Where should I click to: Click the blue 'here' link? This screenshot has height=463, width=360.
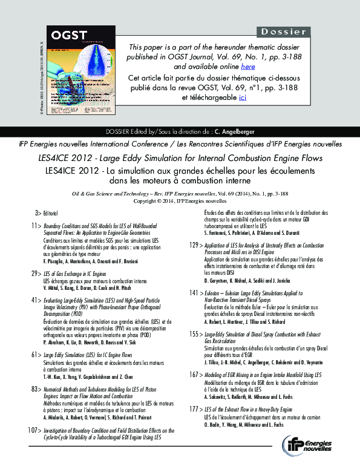pyautogui.click(x=247, y=67)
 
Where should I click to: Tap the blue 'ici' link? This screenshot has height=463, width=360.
pyautogui.click(x=243, y=97)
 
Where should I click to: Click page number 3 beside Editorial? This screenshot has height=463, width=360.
pyautogui.click(x=37, y=214)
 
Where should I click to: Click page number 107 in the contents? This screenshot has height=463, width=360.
pyautogui.click(x=33, y=430)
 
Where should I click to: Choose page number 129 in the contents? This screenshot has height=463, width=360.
pyautogui.click(x=195, y=245)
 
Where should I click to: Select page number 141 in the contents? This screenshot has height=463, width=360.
pyautogui.click(x=195, y=292)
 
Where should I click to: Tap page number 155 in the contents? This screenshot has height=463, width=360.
pyautogui.click(x=195, y=333)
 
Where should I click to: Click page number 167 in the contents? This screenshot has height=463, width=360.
pyautogui.click(x=195, y=375)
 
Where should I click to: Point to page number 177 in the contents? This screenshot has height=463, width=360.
pyautogui.click(x=195, y=409)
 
